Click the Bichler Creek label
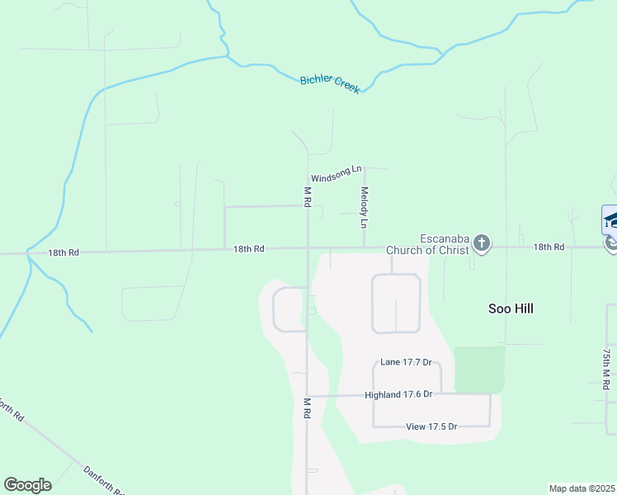click(330, 83)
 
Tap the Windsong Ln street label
click(336, 174)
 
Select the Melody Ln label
click(364, 207)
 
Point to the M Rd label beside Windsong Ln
click(307, 196)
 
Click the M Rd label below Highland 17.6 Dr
click(307, 408)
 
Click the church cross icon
click(482, 243)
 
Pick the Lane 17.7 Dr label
click(407, 362)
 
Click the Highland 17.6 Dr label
click(398, 394)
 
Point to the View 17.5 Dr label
click(431, 427)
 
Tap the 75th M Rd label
click(606, 368)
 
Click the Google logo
click(27, 485)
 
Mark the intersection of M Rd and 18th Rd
click(308, 247)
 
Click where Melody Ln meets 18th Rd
click(365, 247)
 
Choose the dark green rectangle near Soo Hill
click(479, 369)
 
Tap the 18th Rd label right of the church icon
click(549, 247)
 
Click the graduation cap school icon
click(611, 219)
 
